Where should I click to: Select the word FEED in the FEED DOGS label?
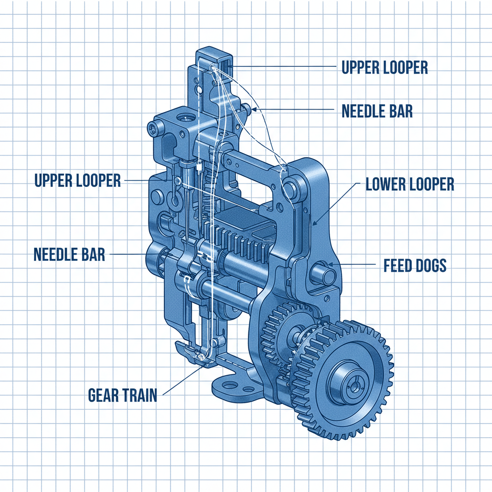point(396,265)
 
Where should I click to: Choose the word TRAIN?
point(139,395)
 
